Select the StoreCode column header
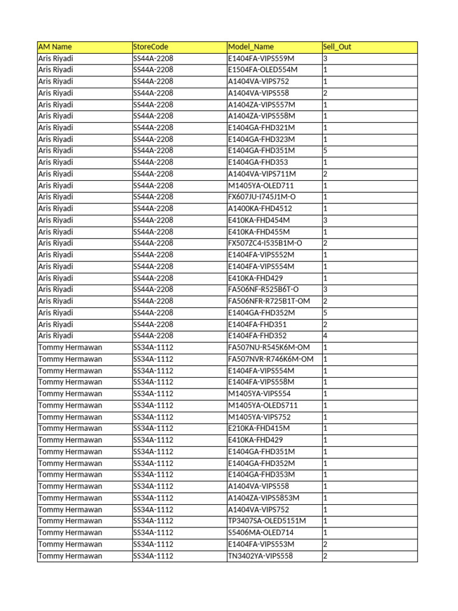pyautogui.click(x=150, y=47)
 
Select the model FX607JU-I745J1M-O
pyautogui.click(x=265, y=197)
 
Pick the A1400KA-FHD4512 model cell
pyautogui.click(x=260, y=209)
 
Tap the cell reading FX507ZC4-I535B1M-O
pyautogui.click(x=265, y=243)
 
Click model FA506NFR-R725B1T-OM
pyautogui.click(x=269, y=301)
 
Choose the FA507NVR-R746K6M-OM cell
pyautogui.click(x=271, y=359)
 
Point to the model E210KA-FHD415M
pyautogui.click(x=259, y=428)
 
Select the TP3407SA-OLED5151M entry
pyautogui.click(x=267, y=521)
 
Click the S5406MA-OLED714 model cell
pyautogui.click(x=261, y=533)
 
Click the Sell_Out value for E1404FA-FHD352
pyautogui.click(x=325, y=336)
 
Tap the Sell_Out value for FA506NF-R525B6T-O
pyautogui.click(x=325, y=289)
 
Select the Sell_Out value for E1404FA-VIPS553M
pyautogui.click(x=325, y=544)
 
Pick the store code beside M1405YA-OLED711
pyautogui.click(x=153, y=186)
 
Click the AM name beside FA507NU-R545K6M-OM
pyautogui.click(x=70, y=347)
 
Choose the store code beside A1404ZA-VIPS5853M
pyautogui.click(x=153, y=498)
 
